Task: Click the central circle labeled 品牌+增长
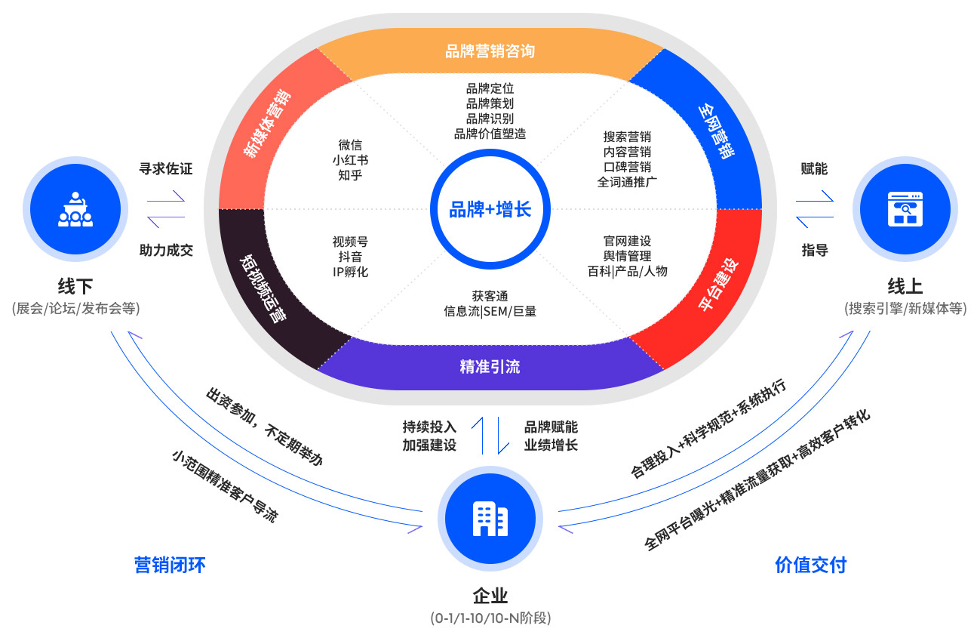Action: coord(490,208)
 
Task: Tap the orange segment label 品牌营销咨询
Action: coord(490,51)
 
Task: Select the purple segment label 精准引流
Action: coord(490,367)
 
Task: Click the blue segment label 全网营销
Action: coord(717,131)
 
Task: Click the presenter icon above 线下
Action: coord(75,209)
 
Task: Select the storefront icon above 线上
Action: coord(905,209)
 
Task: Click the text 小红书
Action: coord(350,160)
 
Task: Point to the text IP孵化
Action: coord(350,272)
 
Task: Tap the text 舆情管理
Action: coord(627,256)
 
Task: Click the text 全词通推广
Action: coord(627,182)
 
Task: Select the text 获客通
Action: coord(490,296)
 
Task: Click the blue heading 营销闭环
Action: coord(170,565)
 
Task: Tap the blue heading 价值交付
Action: coord(810,565)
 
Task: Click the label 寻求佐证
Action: coord(166,169)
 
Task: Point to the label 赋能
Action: coord(814,169)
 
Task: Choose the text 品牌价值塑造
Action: coord(490,134)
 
